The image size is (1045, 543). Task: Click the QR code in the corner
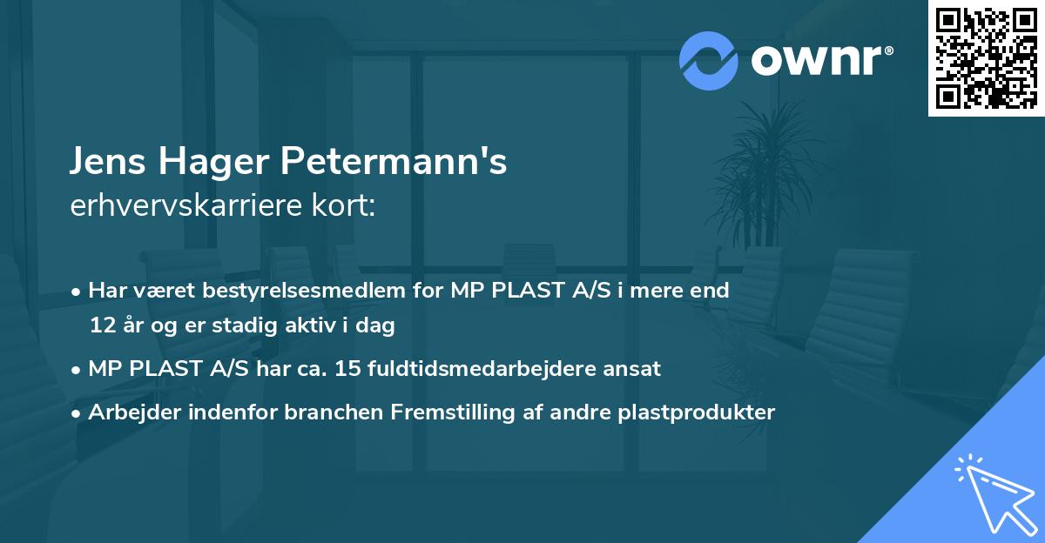[x=987, y=57]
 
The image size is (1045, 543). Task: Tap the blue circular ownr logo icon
[x=709, y=61]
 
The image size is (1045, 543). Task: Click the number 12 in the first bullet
[x=101, y=325]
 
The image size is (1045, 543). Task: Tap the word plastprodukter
[x=694, y=412]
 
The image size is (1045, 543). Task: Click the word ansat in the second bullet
[x=635, y=368]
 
